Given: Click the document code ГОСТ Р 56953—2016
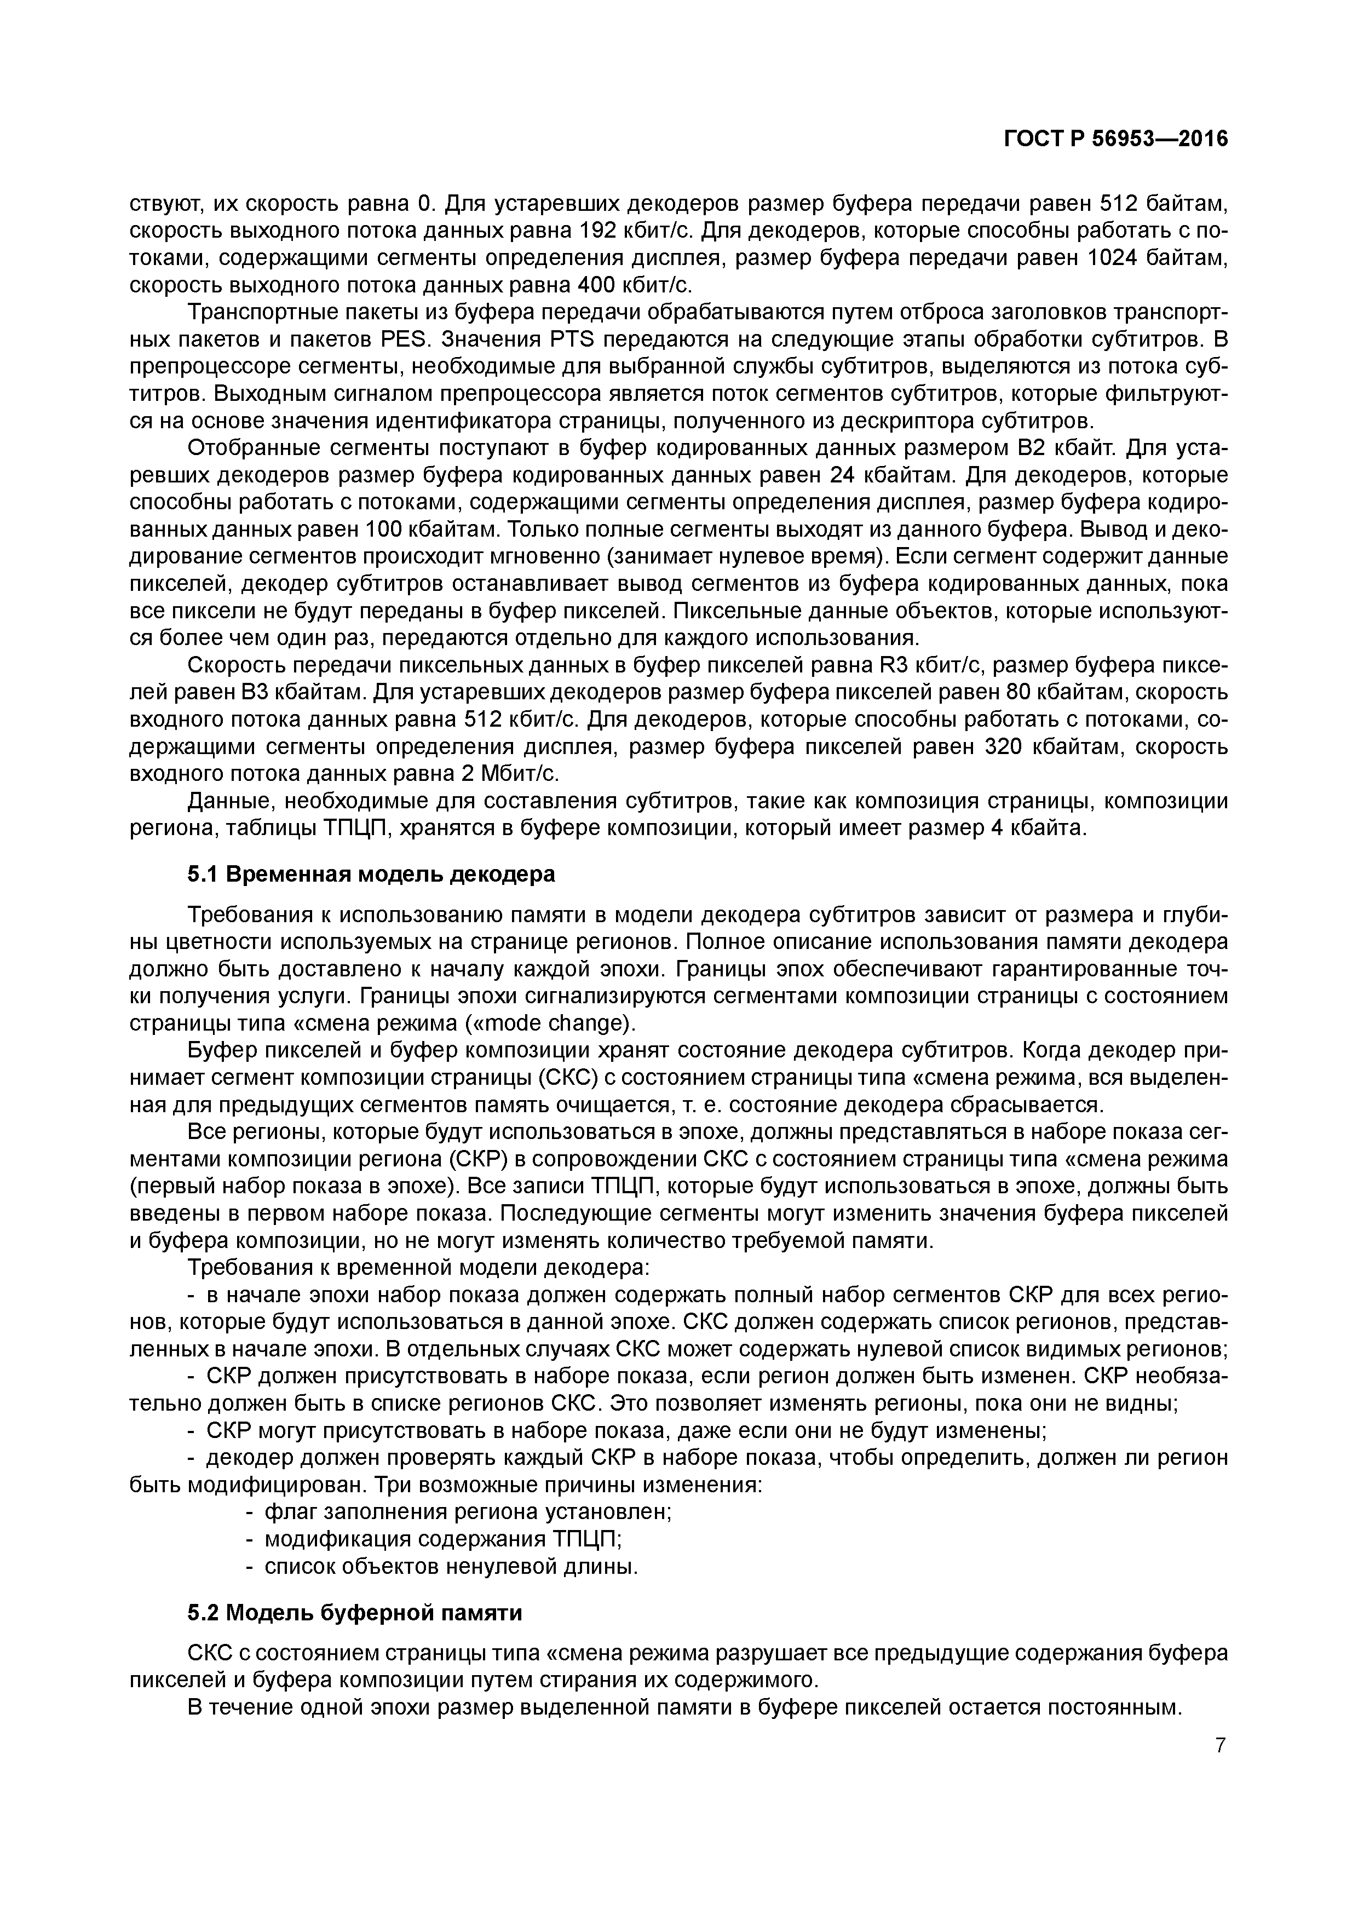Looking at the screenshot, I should [x=1115, y=140].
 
